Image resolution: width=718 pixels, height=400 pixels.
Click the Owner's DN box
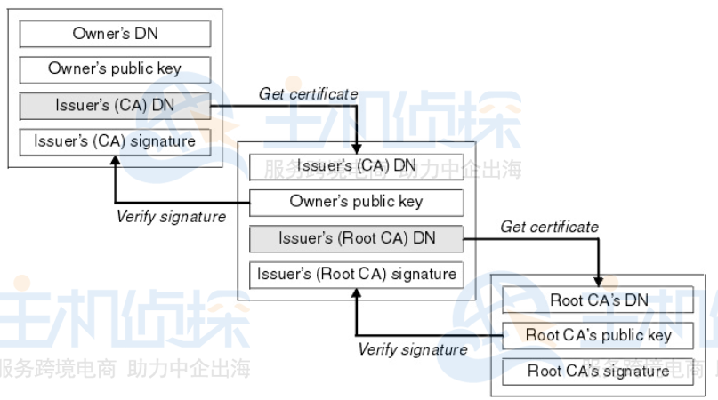[115, 34]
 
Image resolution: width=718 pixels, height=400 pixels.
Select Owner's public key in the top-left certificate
[115, 69]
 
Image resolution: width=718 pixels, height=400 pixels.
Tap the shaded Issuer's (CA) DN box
[115, 106]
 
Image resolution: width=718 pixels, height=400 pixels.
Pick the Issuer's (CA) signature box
[115, 140]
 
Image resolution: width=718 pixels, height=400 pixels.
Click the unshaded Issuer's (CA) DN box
[356, 166]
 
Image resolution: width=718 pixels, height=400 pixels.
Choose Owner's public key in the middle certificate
[356, 202]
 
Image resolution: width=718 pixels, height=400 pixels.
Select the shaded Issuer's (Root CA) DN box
[356, 238]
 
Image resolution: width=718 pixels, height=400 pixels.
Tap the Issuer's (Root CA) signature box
[356, 274]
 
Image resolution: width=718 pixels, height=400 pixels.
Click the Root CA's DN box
[599, 300]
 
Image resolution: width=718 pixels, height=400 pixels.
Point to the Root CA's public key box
[599, 335]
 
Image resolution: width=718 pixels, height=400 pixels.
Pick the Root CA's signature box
[599, 371]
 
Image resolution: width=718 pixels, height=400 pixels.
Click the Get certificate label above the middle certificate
[308, 93]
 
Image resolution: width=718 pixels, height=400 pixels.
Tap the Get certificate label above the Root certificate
[549, 227]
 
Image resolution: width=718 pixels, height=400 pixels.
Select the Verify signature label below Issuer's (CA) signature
[171, 216]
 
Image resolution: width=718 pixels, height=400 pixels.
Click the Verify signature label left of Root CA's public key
[412, 349]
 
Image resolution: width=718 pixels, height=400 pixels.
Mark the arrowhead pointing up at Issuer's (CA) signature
[115, 160]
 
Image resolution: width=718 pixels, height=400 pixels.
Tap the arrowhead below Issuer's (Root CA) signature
[356, 293]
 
